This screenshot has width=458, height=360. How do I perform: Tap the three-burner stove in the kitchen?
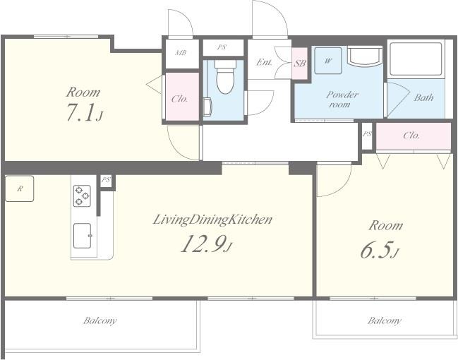(x=82, y=196)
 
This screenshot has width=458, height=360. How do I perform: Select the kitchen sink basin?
(x=83, y=236)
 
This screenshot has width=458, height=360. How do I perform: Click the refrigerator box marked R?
(x=20, y=188)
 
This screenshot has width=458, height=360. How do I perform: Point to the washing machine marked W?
(x=328, y=61)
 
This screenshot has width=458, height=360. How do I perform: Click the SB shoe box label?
(x=300, y=63)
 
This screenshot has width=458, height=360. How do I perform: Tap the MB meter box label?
(x=181, y=53)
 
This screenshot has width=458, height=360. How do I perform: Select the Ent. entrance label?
(x=264, y=62)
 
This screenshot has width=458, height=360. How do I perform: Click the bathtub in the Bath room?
(x=416, y=59)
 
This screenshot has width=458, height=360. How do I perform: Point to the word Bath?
(x=423, y=97)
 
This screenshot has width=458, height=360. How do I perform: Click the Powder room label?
(x=341, y=100)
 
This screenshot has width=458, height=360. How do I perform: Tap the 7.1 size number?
(x=81, y=112)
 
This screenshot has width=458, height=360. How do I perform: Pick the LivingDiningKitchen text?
(x=212, y=220)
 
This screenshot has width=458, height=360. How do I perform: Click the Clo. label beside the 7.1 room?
(x=180, y=99)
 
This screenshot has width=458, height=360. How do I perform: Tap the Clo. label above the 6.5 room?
(x=411, y=136)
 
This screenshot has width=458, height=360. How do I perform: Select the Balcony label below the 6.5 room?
(x=385, y=320)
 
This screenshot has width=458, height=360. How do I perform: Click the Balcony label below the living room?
(x=100, y=320)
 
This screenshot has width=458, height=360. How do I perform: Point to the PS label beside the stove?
(x=106, y=180)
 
